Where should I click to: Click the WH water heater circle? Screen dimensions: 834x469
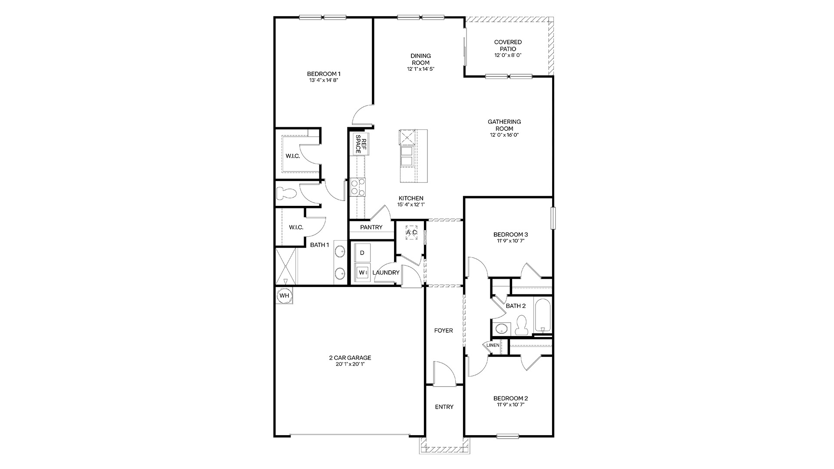(284, 296)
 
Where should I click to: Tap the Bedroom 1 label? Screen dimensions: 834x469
(324, 73)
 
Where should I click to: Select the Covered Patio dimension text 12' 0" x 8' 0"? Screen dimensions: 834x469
(507, 55)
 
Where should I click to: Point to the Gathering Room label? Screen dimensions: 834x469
(504, 125)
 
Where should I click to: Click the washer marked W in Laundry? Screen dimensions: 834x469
(362, 273)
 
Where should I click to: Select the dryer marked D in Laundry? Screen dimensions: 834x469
(362, 253)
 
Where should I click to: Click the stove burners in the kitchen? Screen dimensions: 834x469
(358, 187)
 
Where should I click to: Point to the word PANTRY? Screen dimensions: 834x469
(371, 227)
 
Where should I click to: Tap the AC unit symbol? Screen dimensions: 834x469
(411, 232)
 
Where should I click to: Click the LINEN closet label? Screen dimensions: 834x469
(493, 345)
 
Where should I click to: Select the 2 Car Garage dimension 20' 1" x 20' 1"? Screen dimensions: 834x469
(350, 364)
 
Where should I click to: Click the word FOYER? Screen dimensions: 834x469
(443, 330)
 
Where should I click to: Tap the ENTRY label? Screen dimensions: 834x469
(444, 407)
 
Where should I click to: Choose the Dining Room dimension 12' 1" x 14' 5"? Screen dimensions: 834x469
(420, 69)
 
